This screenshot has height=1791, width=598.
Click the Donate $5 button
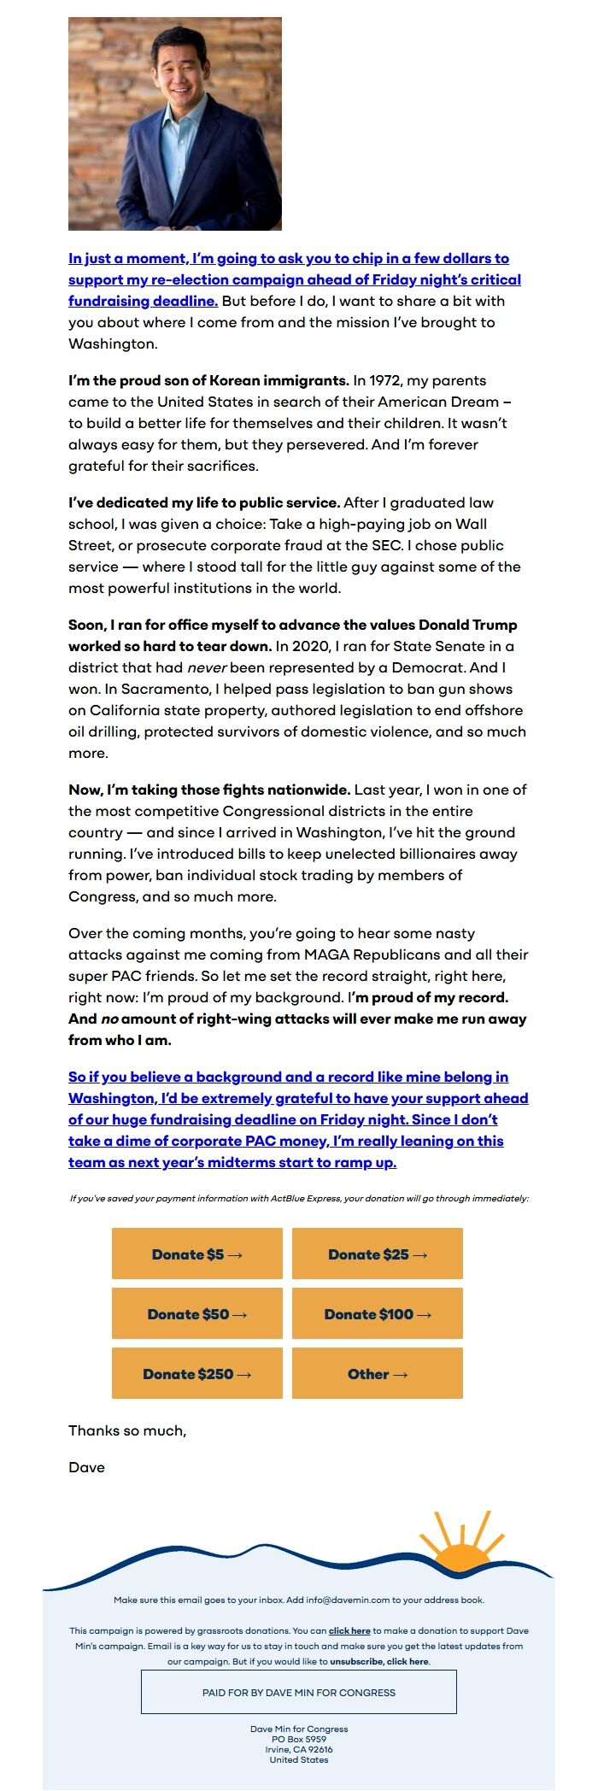pyautogui.click(x=197, y=1254)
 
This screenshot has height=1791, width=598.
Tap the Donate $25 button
pyautogui.click(x=378, y=1254)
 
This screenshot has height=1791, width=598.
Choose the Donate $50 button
pyautogui.click(x=197, y=1313)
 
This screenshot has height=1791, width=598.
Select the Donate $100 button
pyautogui.click(x=378, y=1313)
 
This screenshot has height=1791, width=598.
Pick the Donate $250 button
pyautogui.click(x=197, y=1373)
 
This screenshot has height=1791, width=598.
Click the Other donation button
pyautogui.click(x=378, y=1373)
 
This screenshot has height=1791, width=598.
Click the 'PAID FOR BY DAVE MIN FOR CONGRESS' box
pyautogui.click(x=299, y=1692)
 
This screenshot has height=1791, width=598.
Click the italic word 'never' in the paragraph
pyautogui.click(x=207, y=667)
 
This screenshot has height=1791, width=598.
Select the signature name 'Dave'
pyautogui.click(x=87, y=1467)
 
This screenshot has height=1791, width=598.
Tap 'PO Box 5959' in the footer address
pyautogui.click(x=299, y=1739)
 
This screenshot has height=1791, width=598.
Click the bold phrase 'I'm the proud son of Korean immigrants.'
pyautogui.click(x=208, y=380)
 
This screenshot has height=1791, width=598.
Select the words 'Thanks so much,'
pyautogui.click(x=127, y=1430)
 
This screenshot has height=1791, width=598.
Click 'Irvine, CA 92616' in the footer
pyautogui.click(x=299, y=1749)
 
